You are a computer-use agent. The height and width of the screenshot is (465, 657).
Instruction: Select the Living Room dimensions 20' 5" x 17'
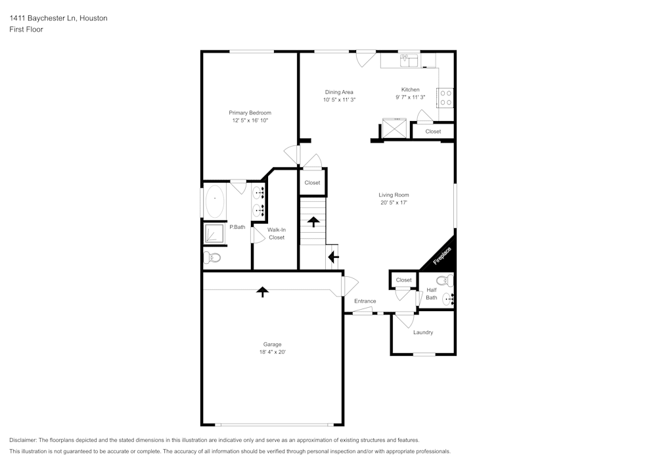(394, 203)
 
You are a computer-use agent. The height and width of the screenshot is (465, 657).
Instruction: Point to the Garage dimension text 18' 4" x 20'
(272, 353)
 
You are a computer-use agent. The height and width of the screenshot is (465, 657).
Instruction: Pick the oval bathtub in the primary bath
(214, 201)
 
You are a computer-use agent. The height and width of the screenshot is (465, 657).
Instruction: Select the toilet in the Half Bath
(445, 281)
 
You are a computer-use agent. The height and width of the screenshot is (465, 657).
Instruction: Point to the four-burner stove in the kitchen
(445, 98)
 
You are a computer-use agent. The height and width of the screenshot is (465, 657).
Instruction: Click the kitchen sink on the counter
(410, 61)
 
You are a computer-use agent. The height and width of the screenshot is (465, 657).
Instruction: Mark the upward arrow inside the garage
(263, 291)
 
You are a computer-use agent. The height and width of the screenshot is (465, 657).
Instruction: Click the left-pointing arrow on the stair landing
(333, 257)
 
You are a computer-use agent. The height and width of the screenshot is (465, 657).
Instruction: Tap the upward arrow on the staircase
(313, 221)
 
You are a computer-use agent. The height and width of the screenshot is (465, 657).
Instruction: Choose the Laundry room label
(423, 332)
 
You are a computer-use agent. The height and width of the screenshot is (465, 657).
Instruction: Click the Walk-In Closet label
(277, 233)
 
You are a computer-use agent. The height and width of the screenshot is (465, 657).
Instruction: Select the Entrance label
(365, 301)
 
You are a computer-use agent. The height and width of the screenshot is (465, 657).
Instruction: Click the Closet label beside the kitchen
(433, 132)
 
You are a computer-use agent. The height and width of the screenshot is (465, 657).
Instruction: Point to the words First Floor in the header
(26, 30)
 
